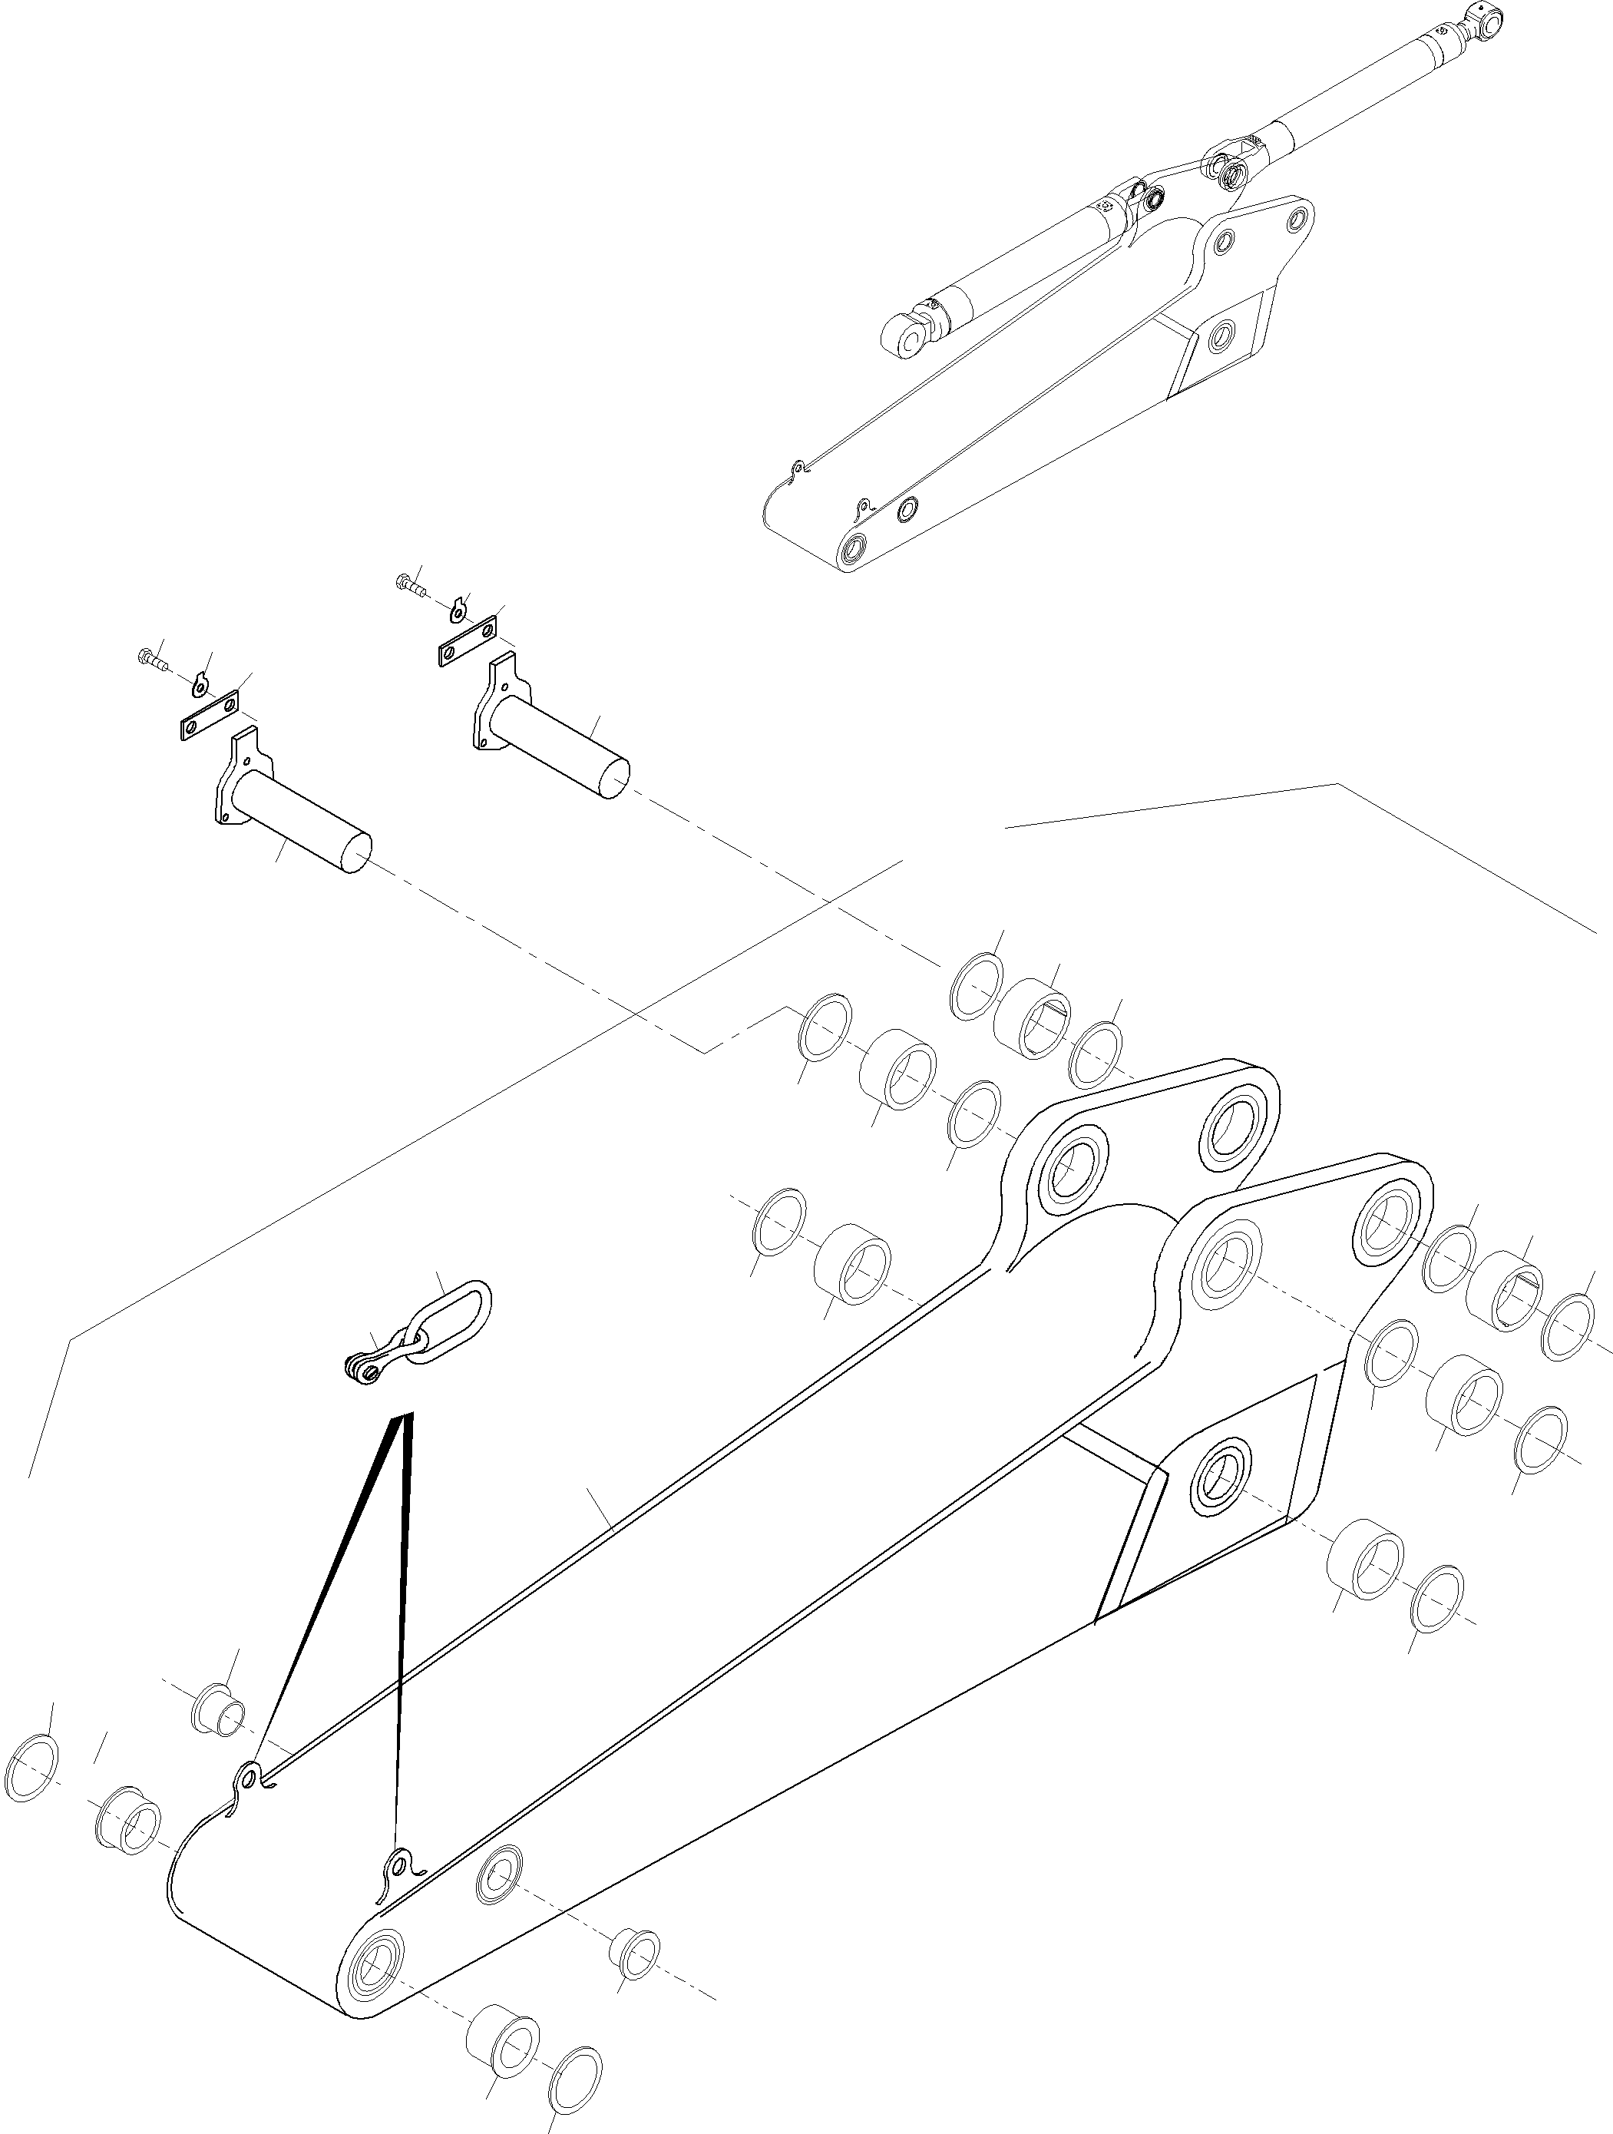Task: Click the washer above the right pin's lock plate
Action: coord(459,609)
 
